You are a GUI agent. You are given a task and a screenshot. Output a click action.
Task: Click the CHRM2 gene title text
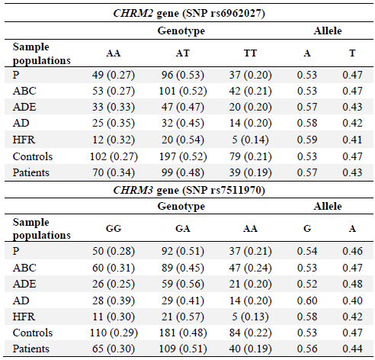[x=189, y=13]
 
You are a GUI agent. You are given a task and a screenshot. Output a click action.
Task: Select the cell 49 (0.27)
[x=114, y=75]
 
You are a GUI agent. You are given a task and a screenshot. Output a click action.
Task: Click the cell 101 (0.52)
[x=183, y=91]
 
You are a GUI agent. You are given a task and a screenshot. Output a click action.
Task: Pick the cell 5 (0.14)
[x=250, y=140]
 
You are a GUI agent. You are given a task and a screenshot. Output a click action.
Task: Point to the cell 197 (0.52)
[x=183, y=156]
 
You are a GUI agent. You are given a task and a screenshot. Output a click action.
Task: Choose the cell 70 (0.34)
[x=114, y=172]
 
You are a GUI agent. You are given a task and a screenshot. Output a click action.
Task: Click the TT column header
[x=250, y=53]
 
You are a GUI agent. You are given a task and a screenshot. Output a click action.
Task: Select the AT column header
[x=183, y=53]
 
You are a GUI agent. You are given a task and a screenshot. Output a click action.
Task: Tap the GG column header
[x=114, y=228]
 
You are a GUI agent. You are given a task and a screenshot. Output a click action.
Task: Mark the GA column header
[x=183, y=228]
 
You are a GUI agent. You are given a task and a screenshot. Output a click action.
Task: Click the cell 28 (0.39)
[x=114, y=301]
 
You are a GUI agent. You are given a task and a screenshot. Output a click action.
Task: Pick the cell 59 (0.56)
[x=183, y=284]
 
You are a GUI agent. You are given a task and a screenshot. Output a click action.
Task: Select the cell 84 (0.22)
[x=250, y=333]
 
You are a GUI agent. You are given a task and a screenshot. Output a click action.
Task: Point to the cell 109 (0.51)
[x=183, y=349]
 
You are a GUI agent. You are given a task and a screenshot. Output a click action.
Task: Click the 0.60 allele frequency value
[x=307, y=301]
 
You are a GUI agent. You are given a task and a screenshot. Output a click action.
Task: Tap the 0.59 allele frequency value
[x=307, y=140]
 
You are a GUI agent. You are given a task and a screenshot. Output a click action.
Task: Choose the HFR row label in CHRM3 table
[x=24, y=317]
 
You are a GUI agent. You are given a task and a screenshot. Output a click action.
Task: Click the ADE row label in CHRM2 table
[x=24, y=107]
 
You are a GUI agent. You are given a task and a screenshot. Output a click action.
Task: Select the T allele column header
[x=352, y=53]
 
